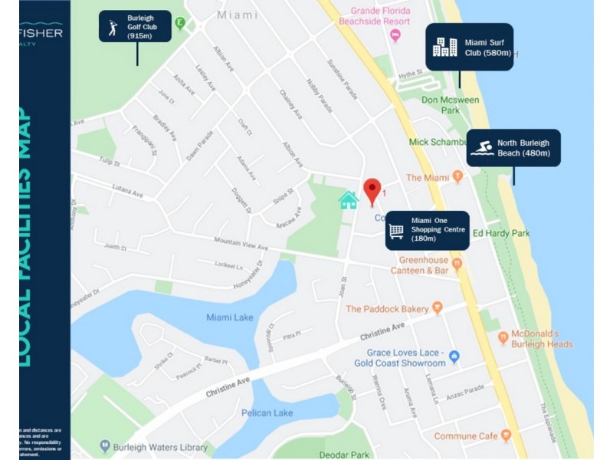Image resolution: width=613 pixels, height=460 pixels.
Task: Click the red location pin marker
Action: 372,190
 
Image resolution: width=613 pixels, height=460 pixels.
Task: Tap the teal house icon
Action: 349,200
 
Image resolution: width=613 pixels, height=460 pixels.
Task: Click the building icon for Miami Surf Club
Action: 444,47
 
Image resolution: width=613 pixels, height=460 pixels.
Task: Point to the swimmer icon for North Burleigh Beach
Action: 481,147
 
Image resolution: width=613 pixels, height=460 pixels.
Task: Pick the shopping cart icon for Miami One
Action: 396,229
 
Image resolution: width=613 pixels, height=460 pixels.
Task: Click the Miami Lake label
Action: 229,317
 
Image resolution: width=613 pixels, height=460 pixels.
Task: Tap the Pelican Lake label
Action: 267,413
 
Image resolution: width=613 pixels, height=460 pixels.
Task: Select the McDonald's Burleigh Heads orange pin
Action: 503,337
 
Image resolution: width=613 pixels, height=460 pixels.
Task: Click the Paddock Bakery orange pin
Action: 438,308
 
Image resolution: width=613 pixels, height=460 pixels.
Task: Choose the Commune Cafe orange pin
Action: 506,435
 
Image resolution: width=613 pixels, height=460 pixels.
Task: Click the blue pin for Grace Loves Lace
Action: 454,356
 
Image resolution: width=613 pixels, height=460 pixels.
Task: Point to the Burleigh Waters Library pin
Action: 105,445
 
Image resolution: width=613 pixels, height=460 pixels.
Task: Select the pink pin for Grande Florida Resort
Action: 395,35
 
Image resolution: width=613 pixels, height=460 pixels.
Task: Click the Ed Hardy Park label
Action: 501,233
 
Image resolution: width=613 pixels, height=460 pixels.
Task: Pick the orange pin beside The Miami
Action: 457,176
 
